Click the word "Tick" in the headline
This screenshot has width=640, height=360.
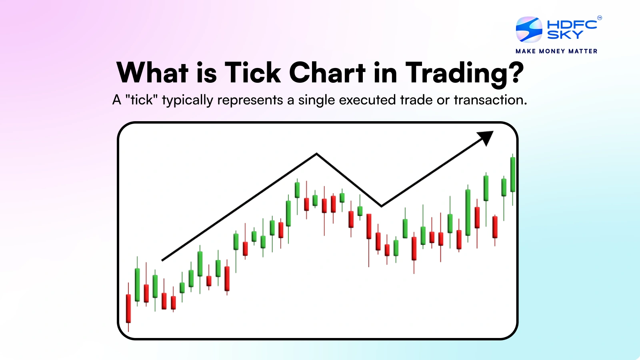(253, 72)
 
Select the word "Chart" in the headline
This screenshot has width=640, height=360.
(328, 72)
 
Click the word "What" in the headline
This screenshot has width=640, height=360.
(152, 72)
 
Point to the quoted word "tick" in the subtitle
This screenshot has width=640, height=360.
(142, 100)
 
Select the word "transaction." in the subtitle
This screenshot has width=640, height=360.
(490, 100)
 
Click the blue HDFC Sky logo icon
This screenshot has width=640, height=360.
(529, 30)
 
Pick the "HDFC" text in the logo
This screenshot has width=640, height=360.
(572, 24)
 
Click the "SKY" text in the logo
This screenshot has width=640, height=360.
(565, 34)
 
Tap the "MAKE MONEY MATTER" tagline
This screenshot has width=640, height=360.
(556, 51)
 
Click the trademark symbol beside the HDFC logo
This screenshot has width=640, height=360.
(600, 18)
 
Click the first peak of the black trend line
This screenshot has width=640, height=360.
(316, 154)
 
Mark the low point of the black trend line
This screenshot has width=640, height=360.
(382, 206)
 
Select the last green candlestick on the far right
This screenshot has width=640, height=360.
(513, 174)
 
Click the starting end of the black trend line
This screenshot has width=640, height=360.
(162, 260)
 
